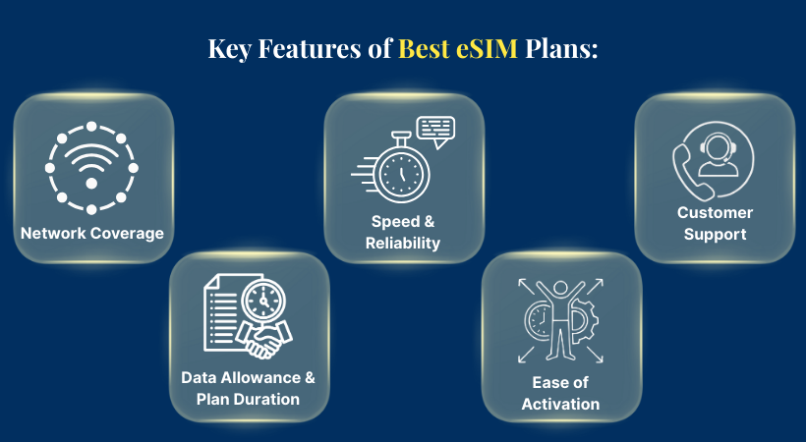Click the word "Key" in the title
tap(229, 49)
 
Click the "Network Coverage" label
tap(92, 234)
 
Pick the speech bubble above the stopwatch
tap(434, 131)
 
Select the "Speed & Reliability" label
tap(402, 233)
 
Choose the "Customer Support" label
tap(715, 223)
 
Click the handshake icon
tap(260, 339)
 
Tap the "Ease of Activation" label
tap(561, 393)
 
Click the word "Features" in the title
tap(315, 49)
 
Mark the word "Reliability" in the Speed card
tap(402, 243)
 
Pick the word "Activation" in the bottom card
tap(561, 403)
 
